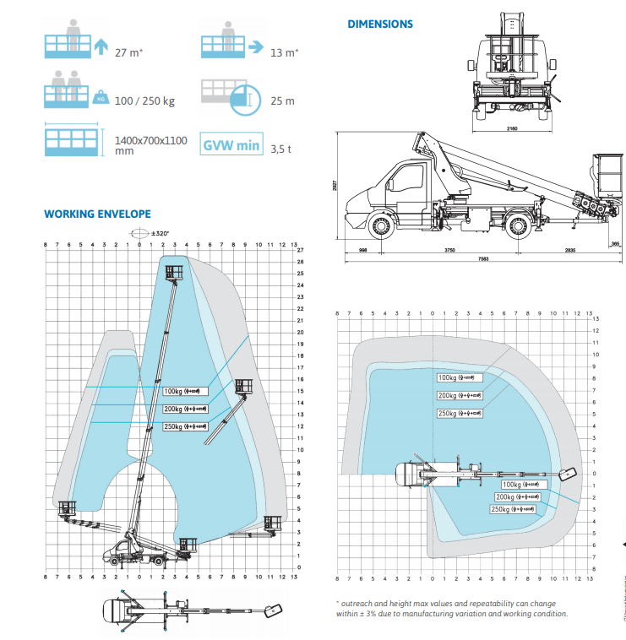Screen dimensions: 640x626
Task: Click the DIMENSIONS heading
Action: pos(380,24)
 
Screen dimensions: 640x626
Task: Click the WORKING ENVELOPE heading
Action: pos(97,214)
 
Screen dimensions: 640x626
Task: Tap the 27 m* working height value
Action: pos(128,52)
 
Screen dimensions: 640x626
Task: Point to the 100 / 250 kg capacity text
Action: pos(144,101)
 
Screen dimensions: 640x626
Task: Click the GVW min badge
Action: pos(231,145)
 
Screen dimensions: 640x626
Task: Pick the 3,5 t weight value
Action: pos(280,149)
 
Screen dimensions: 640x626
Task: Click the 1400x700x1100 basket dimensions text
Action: pos(150,145)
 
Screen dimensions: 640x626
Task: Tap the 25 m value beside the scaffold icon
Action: pos(282,101)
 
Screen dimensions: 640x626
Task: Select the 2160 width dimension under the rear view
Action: pos(513,130)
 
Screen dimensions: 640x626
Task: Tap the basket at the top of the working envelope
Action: pos(175,272)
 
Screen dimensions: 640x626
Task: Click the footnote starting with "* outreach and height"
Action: pos(452,609)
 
